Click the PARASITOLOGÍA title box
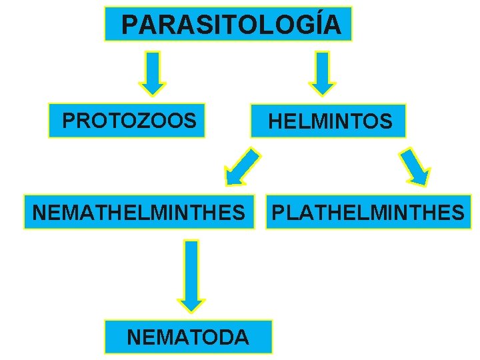(x=228, y=25)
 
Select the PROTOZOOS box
(x=127, y=121)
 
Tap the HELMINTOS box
(x=328, y=121)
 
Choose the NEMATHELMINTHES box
(x=139, y=212)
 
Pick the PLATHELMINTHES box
(x=369, y=212)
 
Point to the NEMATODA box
(x=187, y=337)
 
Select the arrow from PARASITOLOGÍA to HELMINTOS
(x=323, y=73)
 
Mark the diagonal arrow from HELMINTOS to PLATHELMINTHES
(x=415, y=166)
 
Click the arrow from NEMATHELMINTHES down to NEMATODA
(x=191, y=275)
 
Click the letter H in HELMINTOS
(x=275, y=121)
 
